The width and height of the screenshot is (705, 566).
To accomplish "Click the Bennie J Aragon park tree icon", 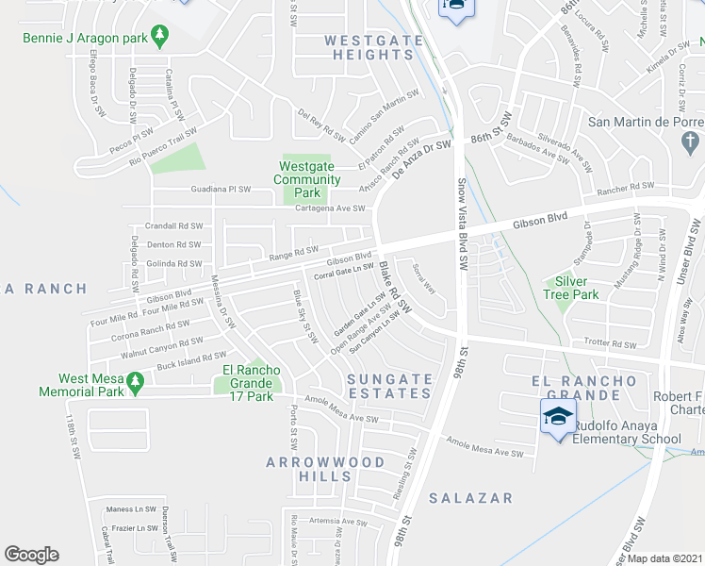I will click(159, 36).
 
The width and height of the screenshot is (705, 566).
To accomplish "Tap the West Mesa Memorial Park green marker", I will click(135, 382).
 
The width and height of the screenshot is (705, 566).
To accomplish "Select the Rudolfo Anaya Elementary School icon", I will click(557, 415).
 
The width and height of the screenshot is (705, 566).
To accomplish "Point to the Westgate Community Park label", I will click(307, 179).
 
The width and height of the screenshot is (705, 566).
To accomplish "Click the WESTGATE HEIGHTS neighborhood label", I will click(369, 47).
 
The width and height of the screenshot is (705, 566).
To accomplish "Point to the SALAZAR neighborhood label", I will click(470, 497).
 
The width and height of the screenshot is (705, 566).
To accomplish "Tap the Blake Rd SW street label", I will click(396, 288).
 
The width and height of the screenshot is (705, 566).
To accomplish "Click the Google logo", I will click(31, 555).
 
